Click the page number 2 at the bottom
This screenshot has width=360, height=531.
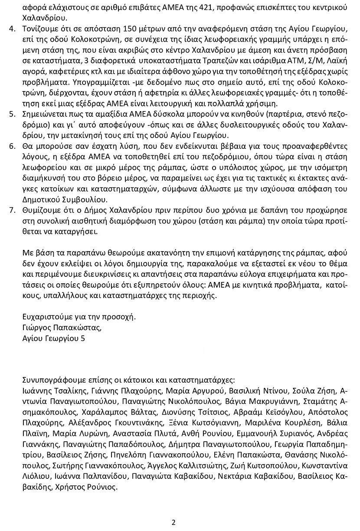pos(173,522)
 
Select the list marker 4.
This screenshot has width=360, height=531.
pos(12,29)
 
